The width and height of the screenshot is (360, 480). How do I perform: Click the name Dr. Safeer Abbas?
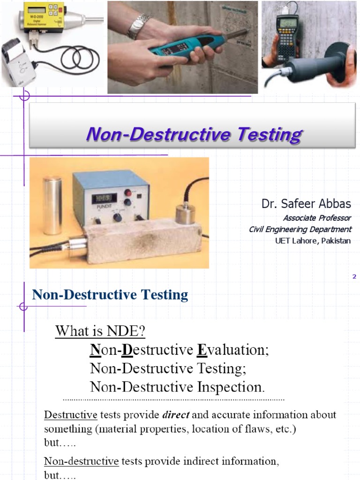[306, 204]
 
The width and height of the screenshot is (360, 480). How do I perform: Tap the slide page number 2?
[354, 277]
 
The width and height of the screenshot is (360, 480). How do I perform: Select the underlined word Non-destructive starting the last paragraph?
[81, 461]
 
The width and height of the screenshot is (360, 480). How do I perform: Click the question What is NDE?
[100, 331]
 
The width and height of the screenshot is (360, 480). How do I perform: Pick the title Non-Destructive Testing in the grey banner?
[194, 135]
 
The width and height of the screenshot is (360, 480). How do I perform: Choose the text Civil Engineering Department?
[300, 229]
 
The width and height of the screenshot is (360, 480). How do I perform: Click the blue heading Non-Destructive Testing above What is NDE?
[110, 295]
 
